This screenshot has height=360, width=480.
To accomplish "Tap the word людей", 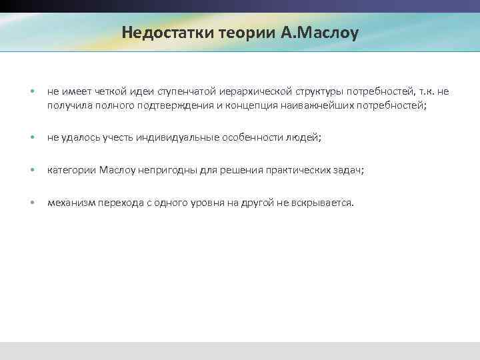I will (305, 137).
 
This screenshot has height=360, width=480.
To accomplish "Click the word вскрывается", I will (321, 203).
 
